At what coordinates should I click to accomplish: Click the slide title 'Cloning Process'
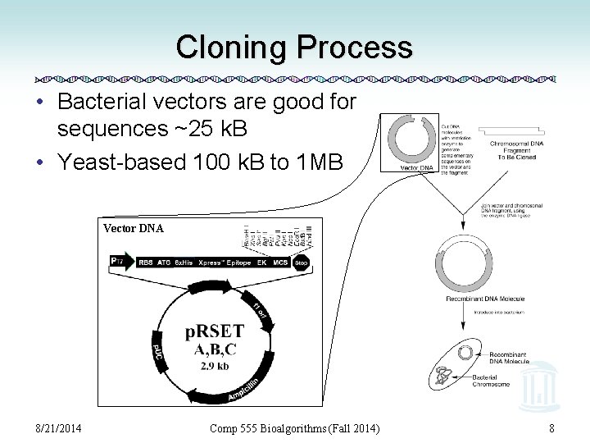pyautogui.click(x=294, y=47)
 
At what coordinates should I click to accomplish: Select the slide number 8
pyautogui.click(x=552, y=427)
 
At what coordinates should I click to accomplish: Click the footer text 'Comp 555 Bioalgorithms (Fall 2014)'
pyautogui.click(x=295, y=427)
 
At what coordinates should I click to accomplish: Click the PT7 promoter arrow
pyautogui.click(x=120, y=262)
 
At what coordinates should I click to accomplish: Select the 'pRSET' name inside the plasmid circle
pyautogui.click(x=214, y=331)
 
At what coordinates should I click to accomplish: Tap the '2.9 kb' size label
pyautogui.click(x=215, y=366)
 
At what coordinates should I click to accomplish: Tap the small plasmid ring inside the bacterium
pyautogui.click(x=465, y=352)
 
